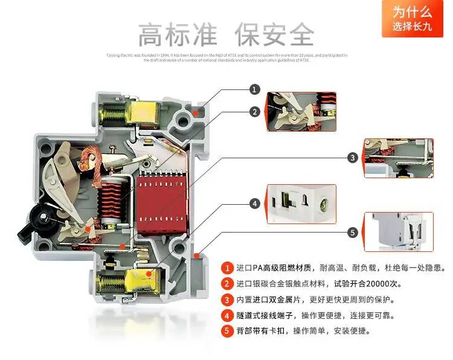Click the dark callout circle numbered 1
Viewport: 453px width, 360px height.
(x=255, y=89)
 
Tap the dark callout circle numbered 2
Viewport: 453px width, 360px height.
(x=255, y=112)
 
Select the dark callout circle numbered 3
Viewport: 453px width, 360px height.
(x=353, y=158)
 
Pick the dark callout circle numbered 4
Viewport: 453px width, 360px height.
(x=255, y=204)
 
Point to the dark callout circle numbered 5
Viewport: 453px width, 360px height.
(x=353, y=232)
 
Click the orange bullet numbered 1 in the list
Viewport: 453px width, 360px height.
(x=227, y=268)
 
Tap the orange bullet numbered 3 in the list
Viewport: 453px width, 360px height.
(x=227, y=299)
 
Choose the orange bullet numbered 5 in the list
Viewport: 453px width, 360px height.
(x=227, y=330)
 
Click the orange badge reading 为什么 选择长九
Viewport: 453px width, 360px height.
(x=412, y=19)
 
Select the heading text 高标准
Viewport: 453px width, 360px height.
(x=177, y=34)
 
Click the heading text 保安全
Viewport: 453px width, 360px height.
(x=275, y=34)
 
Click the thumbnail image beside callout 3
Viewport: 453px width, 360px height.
(x=399, y=158)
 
